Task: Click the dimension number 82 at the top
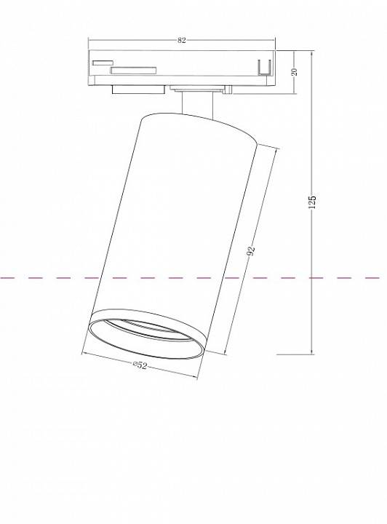point(182,41)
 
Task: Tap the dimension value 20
point(295,72)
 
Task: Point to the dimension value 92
point(251,252)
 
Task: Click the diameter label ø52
point(140,366)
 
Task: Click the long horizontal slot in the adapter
point(133,71)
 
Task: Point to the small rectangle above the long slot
point(102,63)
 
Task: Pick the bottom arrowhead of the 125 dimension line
point(312,352)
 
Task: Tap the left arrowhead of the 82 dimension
point(90,41)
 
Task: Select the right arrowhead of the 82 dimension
point(276,41)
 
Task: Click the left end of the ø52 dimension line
point(84,354)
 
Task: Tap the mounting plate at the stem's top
point(199,90)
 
